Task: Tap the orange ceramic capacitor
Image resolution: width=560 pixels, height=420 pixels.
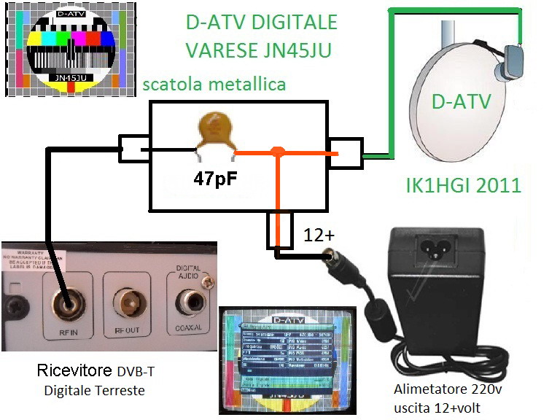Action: [215, 133]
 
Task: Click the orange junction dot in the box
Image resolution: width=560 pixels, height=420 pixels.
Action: [277, 152]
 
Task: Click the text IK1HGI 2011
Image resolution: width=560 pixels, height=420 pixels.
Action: [463, 185]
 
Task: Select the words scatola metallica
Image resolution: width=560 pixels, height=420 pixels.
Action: [214, 85]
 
